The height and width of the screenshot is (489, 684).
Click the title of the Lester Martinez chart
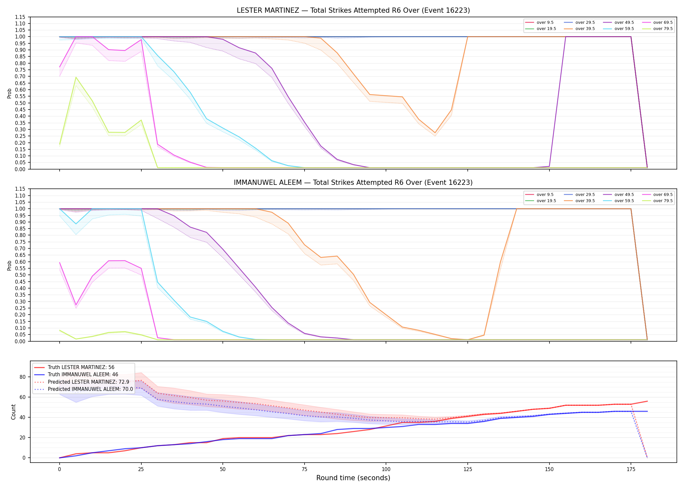click(x=353, y=10)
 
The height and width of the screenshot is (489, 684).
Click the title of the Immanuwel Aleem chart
click(x=353, y=183)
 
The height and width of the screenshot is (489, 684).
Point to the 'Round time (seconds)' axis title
click(x=353, y=478)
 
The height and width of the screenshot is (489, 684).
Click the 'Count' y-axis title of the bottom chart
click(x=13, y=412)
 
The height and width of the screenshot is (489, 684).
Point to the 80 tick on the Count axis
click(x=22, y=377)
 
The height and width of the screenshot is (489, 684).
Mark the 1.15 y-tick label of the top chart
click(x=20, y=17)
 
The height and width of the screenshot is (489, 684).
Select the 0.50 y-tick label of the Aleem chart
click(x=20, y=275)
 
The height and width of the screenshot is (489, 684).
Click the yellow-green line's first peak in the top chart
click(x=76, y=77)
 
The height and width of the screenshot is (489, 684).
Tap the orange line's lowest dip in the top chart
click(x=435, y=133)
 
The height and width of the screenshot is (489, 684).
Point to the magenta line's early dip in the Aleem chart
click(x=76, y=305)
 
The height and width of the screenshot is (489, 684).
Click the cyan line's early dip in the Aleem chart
click(x=76, y=224)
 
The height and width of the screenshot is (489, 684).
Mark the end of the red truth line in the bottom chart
click(x=647, y=401)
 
